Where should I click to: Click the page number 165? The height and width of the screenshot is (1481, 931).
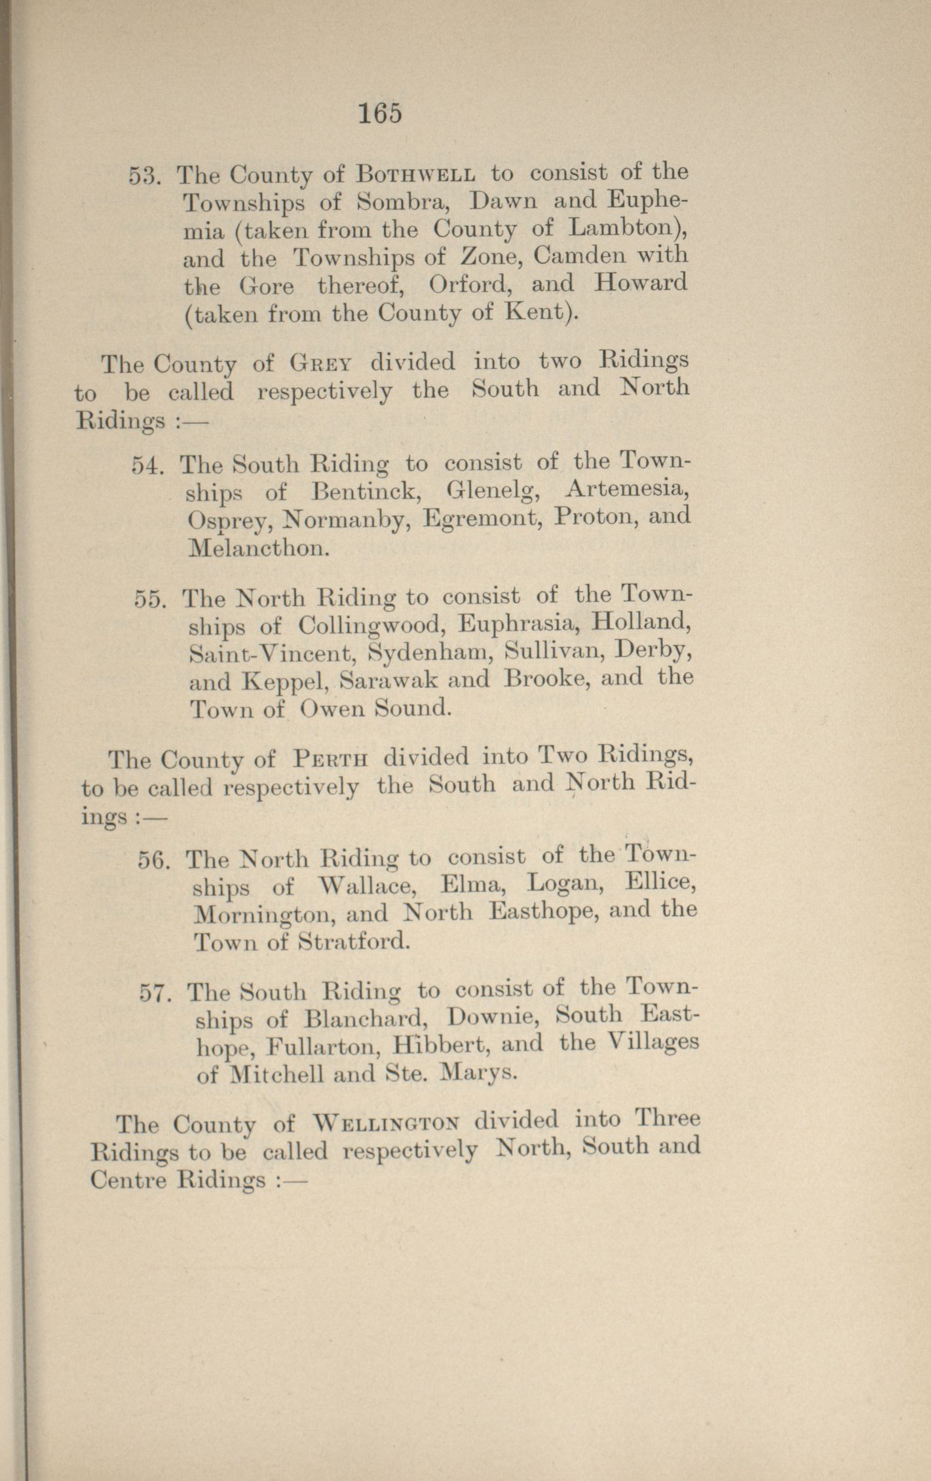(x=379, y=114)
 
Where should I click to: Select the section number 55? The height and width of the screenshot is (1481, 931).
(x=151, y=600)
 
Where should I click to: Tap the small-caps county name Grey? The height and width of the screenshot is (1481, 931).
(x=322, y=362)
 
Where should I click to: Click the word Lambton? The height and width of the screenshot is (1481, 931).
(x=624, y=228)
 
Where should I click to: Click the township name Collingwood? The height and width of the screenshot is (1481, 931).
(x=368, y=626)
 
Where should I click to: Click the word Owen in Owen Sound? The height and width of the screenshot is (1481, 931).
(x=331, y=709)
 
